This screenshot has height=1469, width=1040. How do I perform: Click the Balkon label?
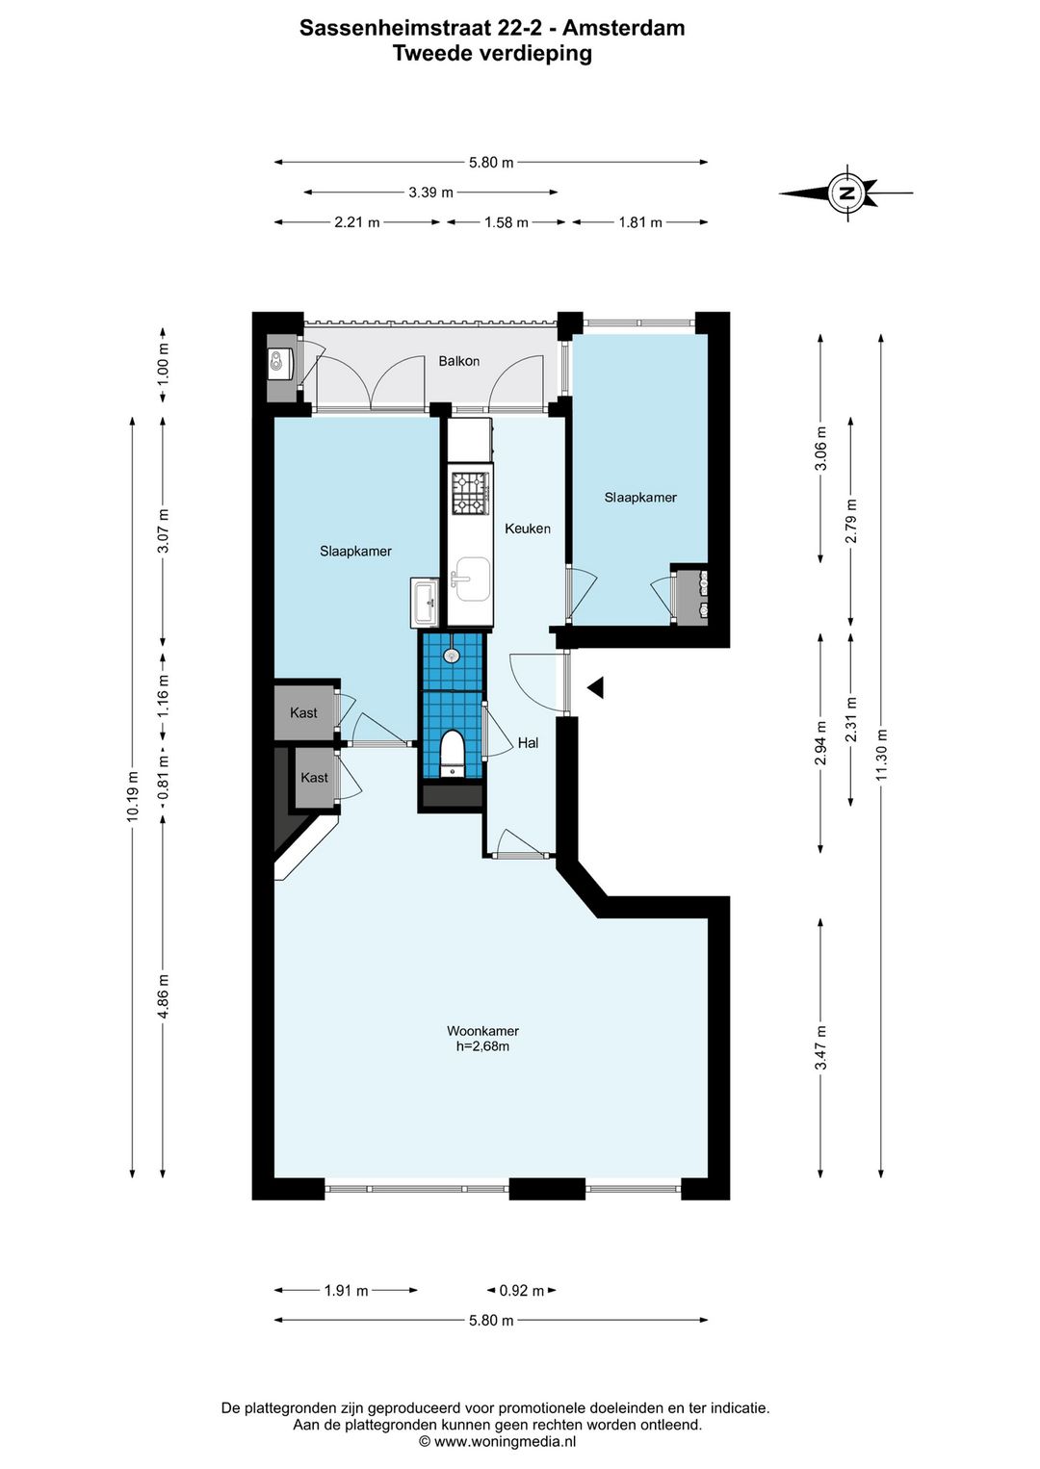tap(458, 361)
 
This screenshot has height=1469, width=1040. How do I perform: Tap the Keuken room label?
tap(527, 528)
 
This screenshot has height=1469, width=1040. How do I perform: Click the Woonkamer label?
tap(483, 1031)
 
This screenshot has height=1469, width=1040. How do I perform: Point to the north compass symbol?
tap(846, 193)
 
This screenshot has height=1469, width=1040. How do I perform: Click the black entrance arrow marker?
tap(596, 688)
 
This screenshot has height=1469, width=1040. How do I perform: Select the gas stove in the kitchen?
tap(471, 493)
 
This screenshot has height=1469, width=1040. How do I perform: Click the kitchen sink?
tap(473, 580)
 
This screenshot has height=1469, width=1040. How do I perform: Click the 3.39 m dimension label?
tap(430, 193)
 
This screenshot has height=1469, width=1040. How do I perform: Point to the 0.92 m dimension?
tap(522, 1291)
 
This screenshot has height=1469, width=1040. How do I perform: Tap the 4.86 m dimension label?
tap(164, 995)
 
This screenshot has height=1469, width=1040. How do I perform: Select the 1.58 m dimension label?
tap(506, 222)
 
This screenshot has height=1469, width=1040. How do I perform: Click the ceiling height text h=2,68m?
tap(483, 1046)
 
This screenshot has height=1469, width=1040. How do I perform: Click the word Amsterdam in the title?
tap(624, 28)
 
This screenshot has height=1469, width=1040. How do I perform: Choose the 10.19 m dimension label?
tap(133, 796)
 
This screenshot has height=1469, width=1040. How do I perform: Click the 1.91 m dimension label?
tap(347, 1291)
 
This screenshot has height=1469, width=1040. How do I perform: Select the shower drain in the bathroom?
tap(452, 656)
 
